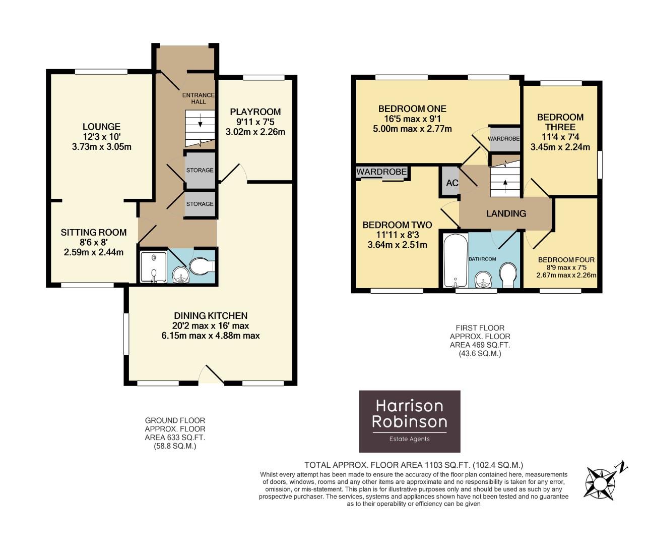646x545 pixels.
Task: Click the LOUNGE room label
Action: (x=101, y=127)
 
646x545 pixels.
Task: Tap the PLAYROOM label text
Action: (x=255, y=112)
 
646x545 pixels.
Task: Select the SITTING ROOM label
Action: (x=93, y=233)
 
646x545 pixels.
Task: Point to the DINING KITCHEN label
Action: (x=210, y=316)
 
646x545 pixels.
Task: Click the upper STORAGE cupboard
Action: (x=200, y=170)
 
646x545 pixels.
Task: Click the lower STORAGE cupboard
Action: (x=200, y=204)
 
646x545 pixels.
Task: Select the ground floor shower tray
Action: (x=153, y=266)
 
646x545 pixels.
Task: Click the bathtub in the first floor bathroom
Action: (x=455, y=260)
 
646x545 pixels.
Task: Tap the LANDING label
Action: (x=506, y=213)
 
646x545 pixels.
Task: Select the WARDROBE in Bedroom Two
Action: (x=381, y=172)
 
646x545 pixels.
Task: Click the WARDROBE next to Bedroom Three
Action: (x=504, y=139)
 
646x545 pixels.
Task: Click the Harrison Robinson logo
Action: (x=409, y=421)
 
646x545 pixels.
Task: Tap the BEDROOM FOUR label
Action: (x=566, y=260)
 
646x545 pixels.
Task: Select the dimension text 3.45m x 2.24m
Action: (x=560, y=147)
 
